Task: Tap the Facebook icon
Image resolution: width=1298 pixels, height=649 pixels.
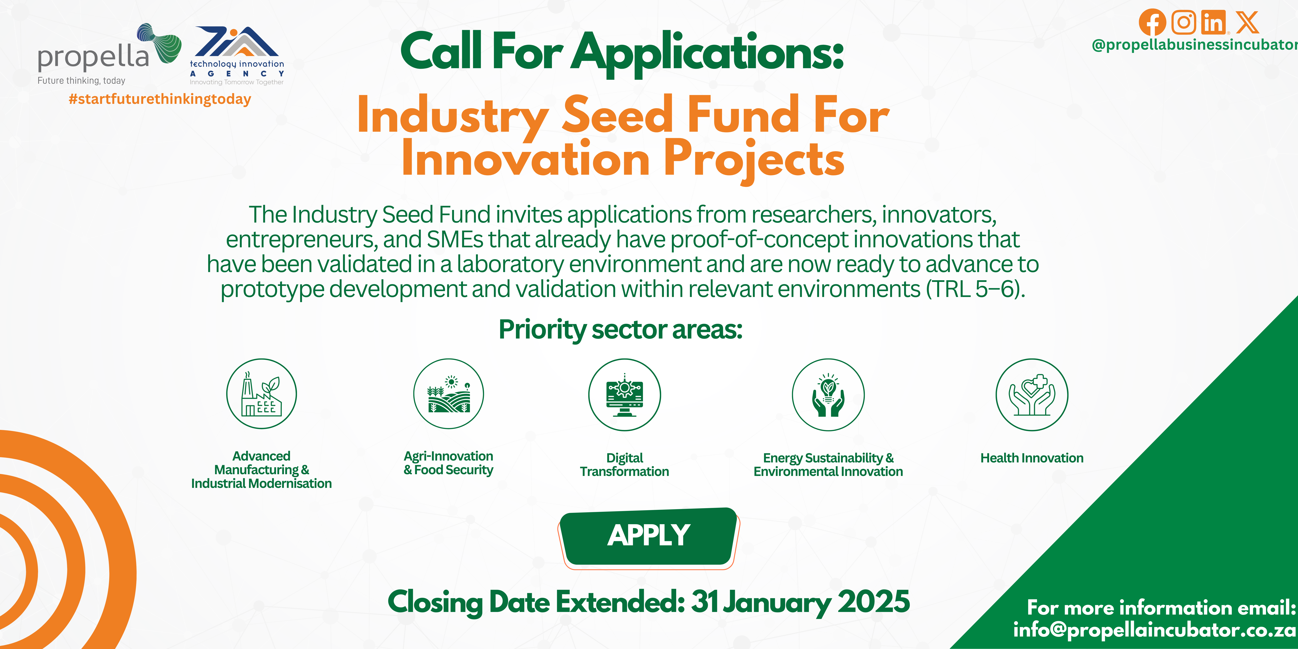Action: click(x=1152, y=22)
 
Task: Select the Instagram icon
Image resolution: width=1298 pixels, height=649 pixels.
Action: click(x=1184, y=22)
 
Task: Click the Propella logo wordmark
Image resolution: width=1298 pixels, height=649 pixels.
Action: click(x=93, y=57)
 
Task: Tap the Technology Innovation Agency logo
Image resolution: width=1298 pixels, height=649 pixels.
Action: click(x=237, y=55)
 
